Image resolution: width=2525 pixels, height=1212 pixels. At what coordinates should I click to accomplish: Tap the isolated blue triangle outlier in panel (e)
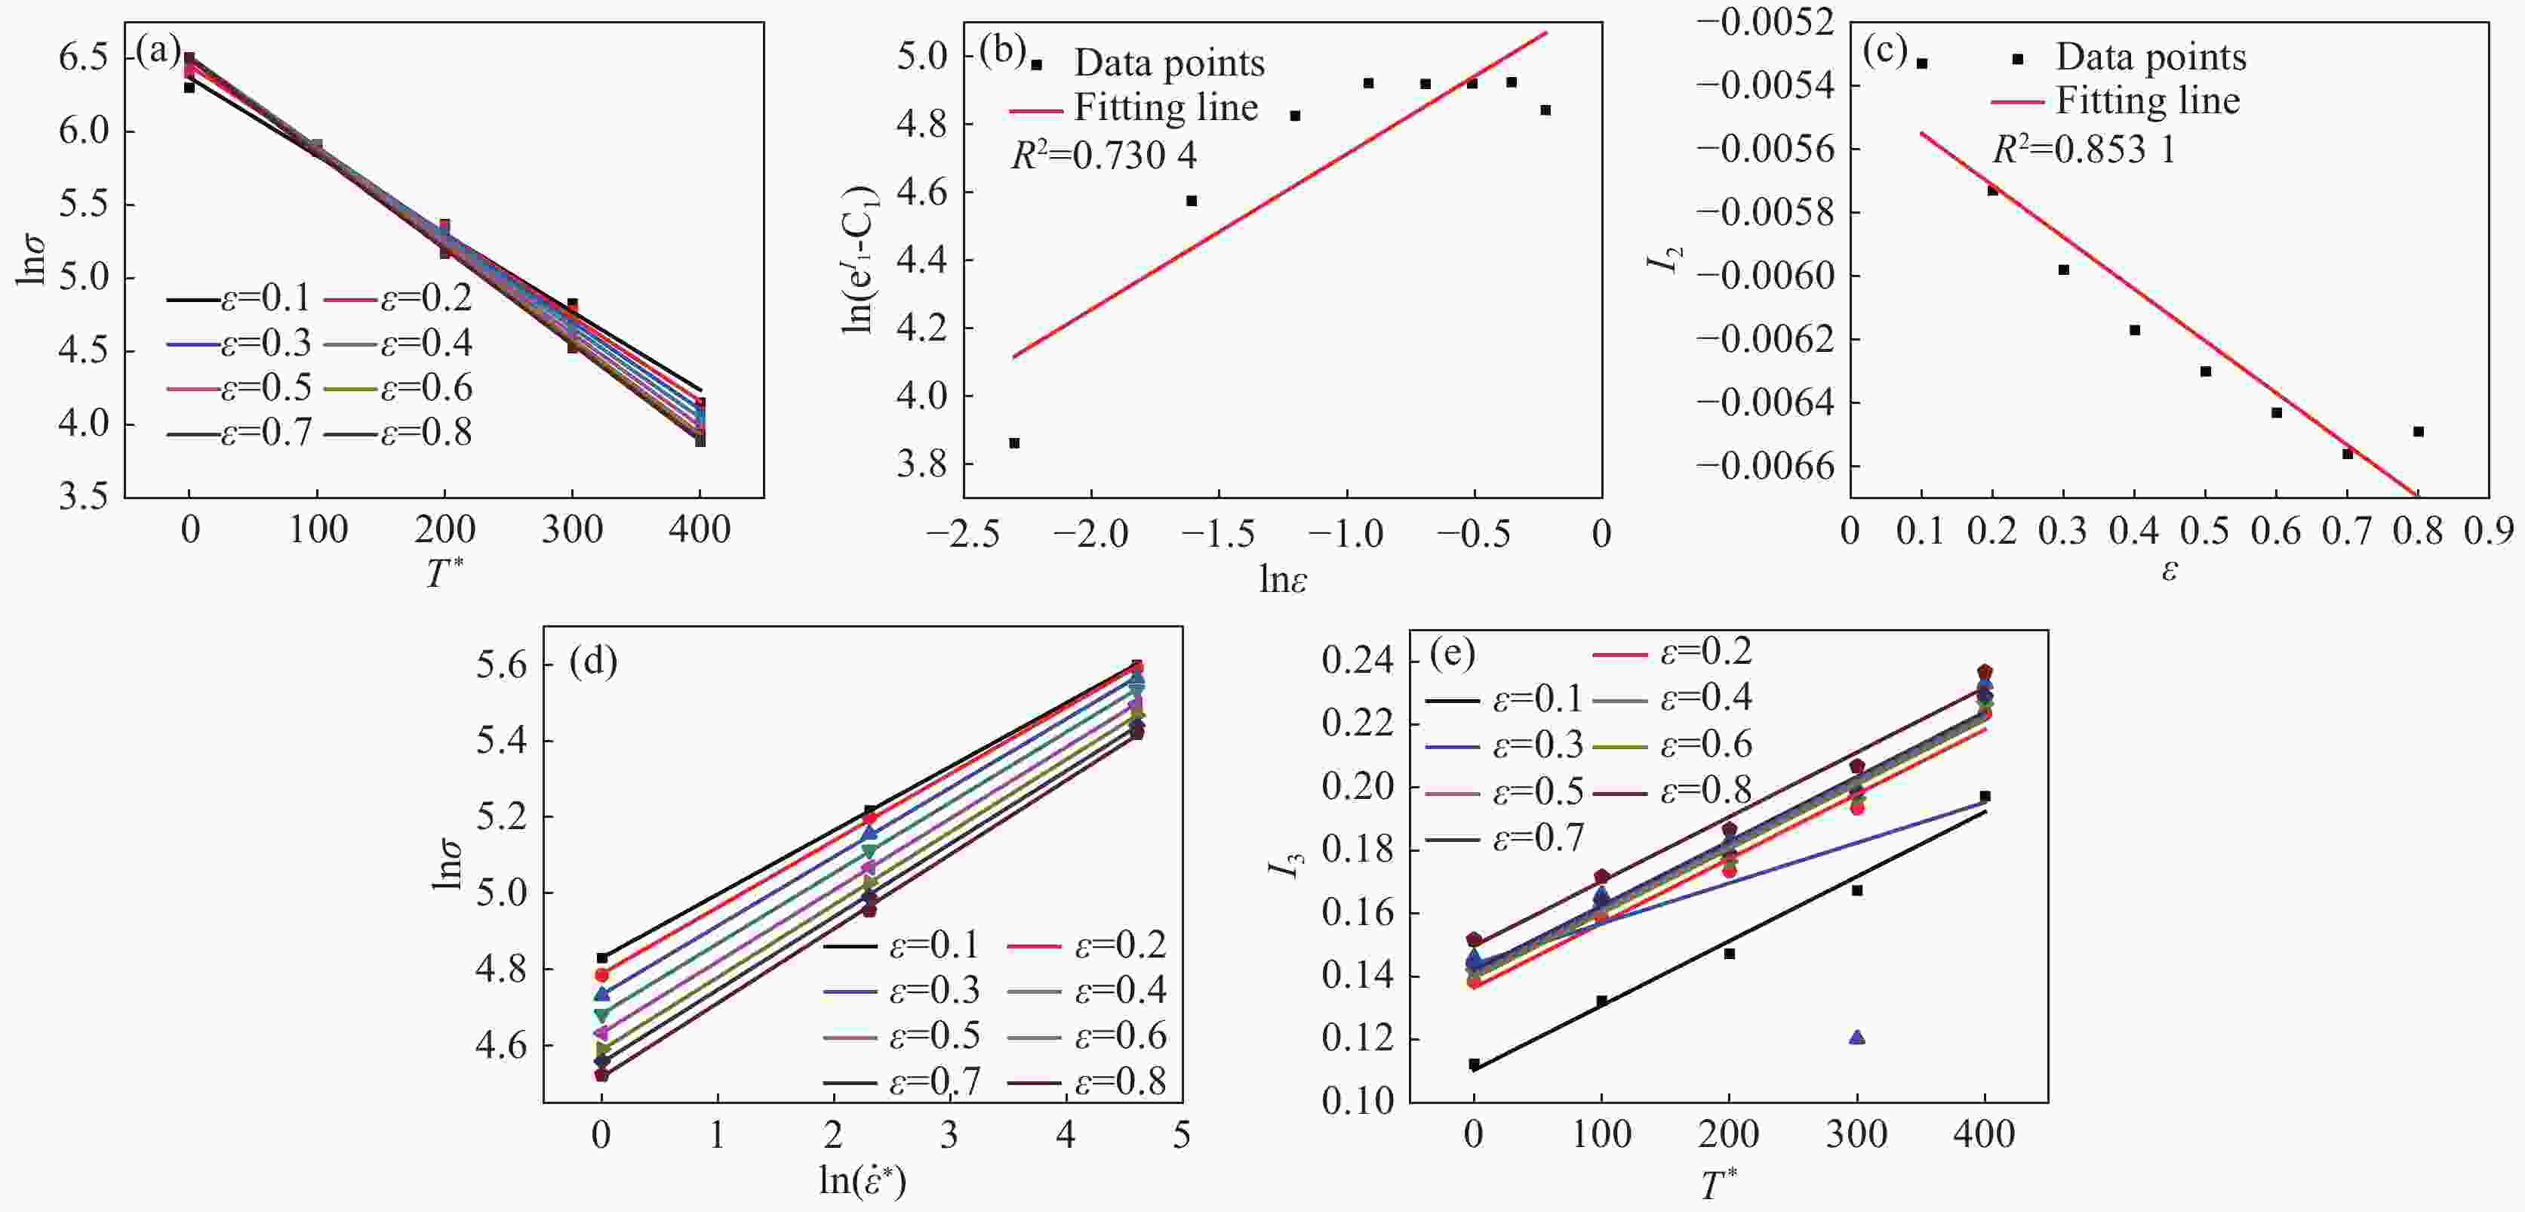click(x=1856, y=1038)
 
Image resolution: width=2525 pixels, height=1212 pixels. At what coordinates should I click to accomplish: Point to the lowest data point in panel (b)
click(x=1014, y=443)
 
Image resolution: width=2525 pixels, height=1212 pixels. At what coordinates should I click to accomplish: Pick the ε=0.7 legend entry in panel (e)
click(x=1505, y=837)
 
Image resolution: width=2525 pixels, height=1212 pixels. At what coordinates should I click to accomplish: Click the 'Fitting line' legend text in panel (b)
click(x=1165, y=107)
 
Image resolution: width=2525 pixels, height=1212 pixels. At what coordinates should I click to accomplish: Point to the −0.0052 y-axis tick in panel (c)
click(x=1764, y=22)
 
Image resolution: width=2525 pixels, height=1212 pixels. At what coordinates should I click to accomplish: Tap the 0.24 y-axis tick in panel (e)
click(x=1357, y=661)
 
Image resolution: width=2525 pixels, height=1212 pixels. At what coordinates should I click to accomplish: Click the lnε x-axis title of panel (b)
click(x=1282, y=579)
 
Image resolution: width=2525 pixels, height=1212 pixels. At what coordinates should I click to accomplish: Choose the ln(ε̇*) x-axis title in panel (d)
click(x=862, y=1180)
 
